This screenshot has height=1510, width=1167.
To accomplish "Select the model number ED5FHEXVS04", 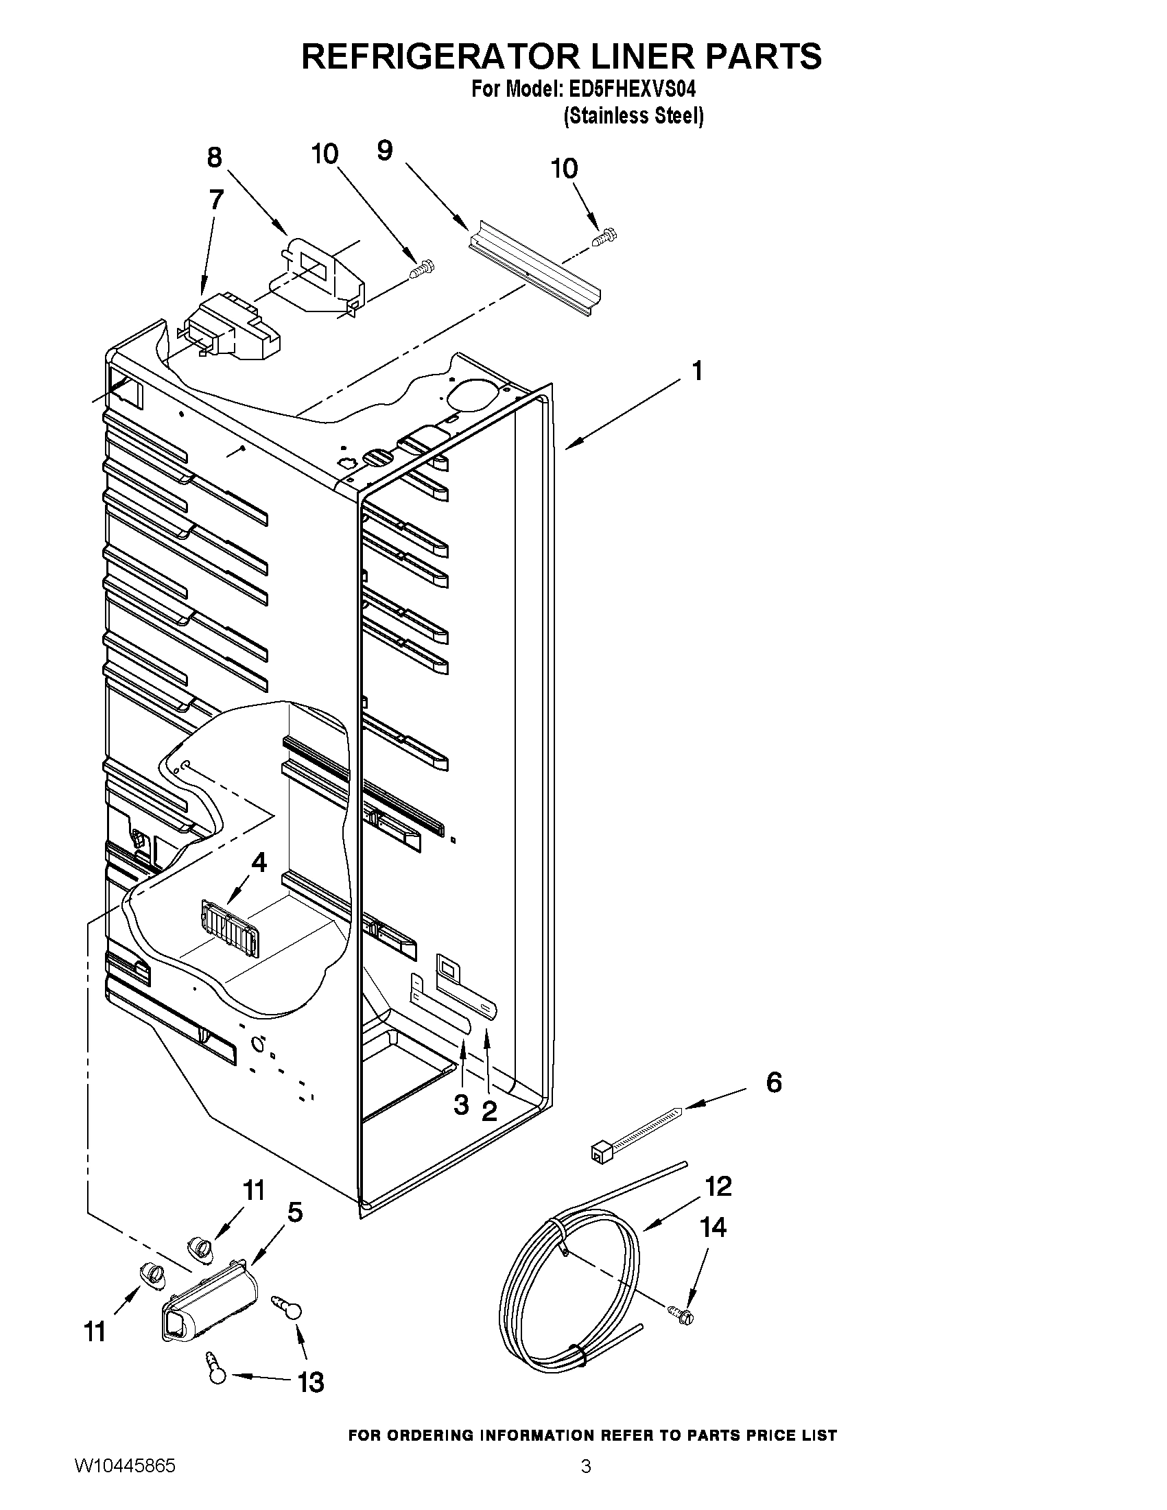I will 631,90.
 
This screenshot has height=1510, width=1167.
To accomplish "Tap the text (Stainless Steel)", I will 633,116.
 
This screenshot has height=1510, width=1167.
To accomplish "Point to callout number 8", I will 215,158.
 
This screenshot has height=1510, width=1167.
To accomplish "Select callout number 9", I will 385,150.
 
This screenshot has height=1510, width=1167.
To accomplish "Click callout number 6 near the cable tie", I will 774,1083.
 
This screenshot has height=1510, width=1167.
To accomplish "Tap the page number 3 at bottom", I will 586,1467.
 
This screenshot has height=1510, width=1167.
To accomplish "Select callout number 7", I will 215,200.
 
